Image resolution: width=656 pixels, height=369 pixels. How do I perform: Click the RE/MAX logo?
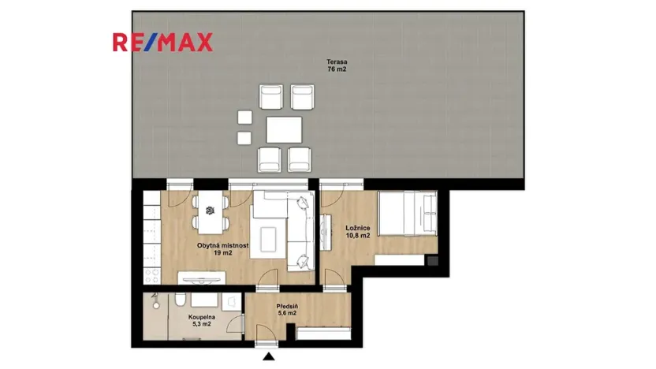tap(162, 42)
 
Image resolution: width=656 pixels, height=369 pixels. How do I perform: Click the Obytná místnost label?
tap(223, 245)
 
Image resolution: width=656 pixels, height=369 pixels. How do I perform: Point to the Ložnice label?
tap(358, 229)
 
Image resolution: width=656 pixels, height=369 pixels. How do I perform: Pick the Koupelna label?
tap(199, 316)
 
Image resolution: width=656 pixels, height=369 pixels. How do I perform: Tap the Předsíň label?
tap(286, 306)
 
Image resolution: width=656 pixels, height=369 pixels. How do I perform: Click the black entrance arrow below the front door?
tap(269, 358)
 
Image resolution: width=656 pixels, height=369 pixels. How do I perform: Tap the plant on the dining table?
tap(210, 210)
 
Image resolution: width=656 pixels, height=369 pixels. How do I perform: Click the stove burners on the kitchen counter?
tap(151, 273)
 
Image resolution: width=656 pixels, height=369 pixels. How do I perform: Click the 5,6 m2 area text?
tap(286, 314)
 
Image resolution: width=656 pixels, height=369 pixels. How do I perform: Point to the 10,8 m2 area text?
tap(358, 237)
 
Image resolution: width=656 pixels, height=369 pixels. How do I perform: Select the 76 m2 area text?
tap(337, 69)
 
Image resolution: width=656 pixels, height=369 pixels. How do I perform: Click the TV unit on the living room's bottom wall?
tap(203, 277)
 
